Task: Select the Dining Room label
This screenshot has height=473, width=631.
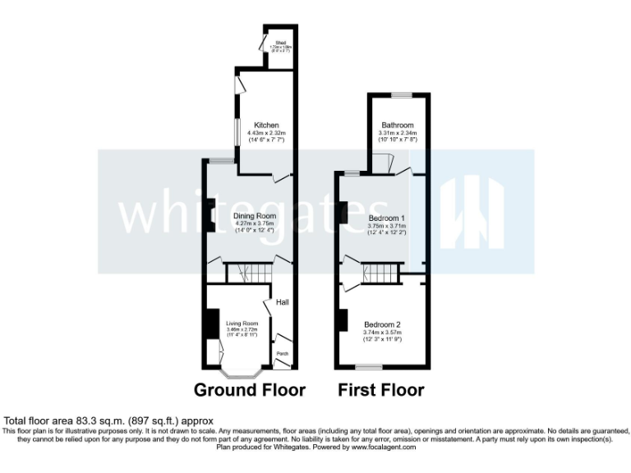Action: click(x=254, y=215)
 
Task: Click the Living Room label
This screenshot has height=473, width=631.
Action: click(x=242, y=324)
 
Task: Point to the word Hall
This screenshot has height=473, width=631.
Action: click(x=282, y=301)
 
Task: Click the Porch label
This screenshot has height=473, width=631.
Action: click(x=282, y=354)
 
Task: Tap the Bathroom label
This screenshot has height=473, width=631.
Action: click(x=397, y=126)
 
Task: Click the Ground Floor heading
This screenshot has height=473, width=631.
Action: click(x=249, y=389)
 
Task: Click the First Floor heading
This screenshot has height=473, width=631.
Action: click(x=381, y=389)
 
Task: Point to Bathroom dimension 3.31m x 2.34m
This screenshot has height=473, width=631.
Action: click(x=398, y=133)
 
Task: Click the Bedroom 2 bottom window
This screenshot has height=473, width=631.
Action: click(x=381, y=366)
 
